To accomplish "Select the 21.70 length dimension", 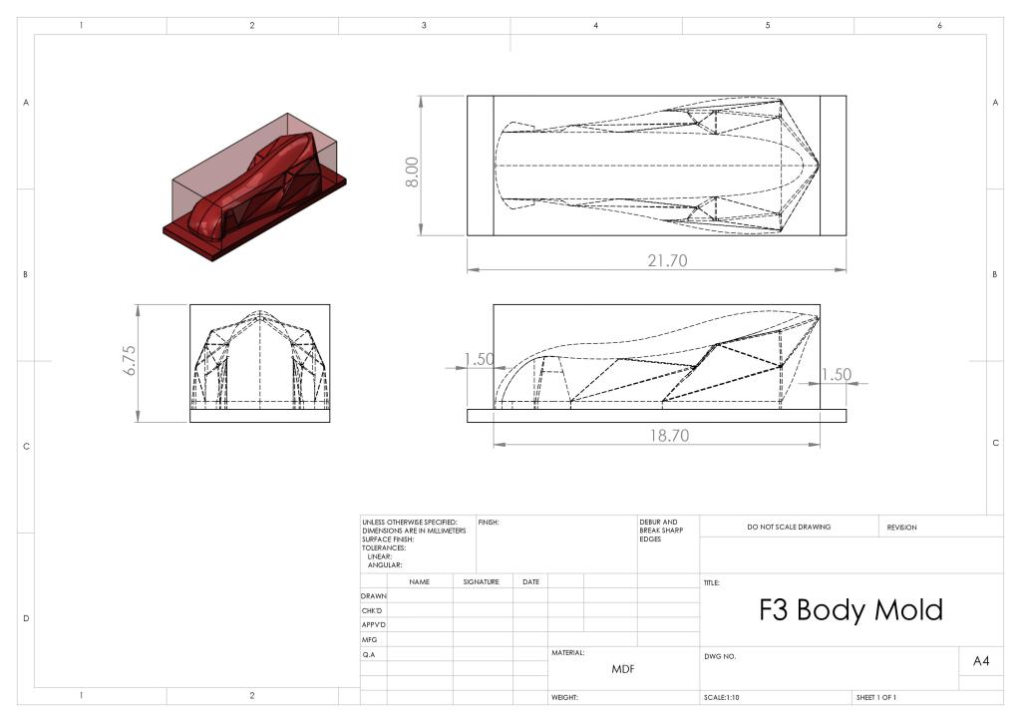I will coord(666,260).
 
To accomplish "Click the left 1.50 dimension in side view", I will coord(479,359).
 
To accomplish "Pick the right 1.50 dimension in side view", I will coord(838,374).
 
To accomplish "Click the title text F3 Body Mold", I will coord(851,609).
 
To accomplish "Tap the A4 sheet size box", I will coord(980,660).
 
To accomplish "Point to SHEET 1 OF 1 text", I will coord(876,697).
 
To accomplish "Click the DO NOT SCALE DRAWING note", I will coord(788,527).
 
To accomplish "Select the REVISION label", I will coord(901,527).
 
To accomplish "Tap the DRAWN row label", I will coord(373,595).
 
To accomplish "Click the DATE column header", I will coord(530,581).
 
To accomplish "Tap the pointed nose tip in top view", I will coord(818,165).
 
